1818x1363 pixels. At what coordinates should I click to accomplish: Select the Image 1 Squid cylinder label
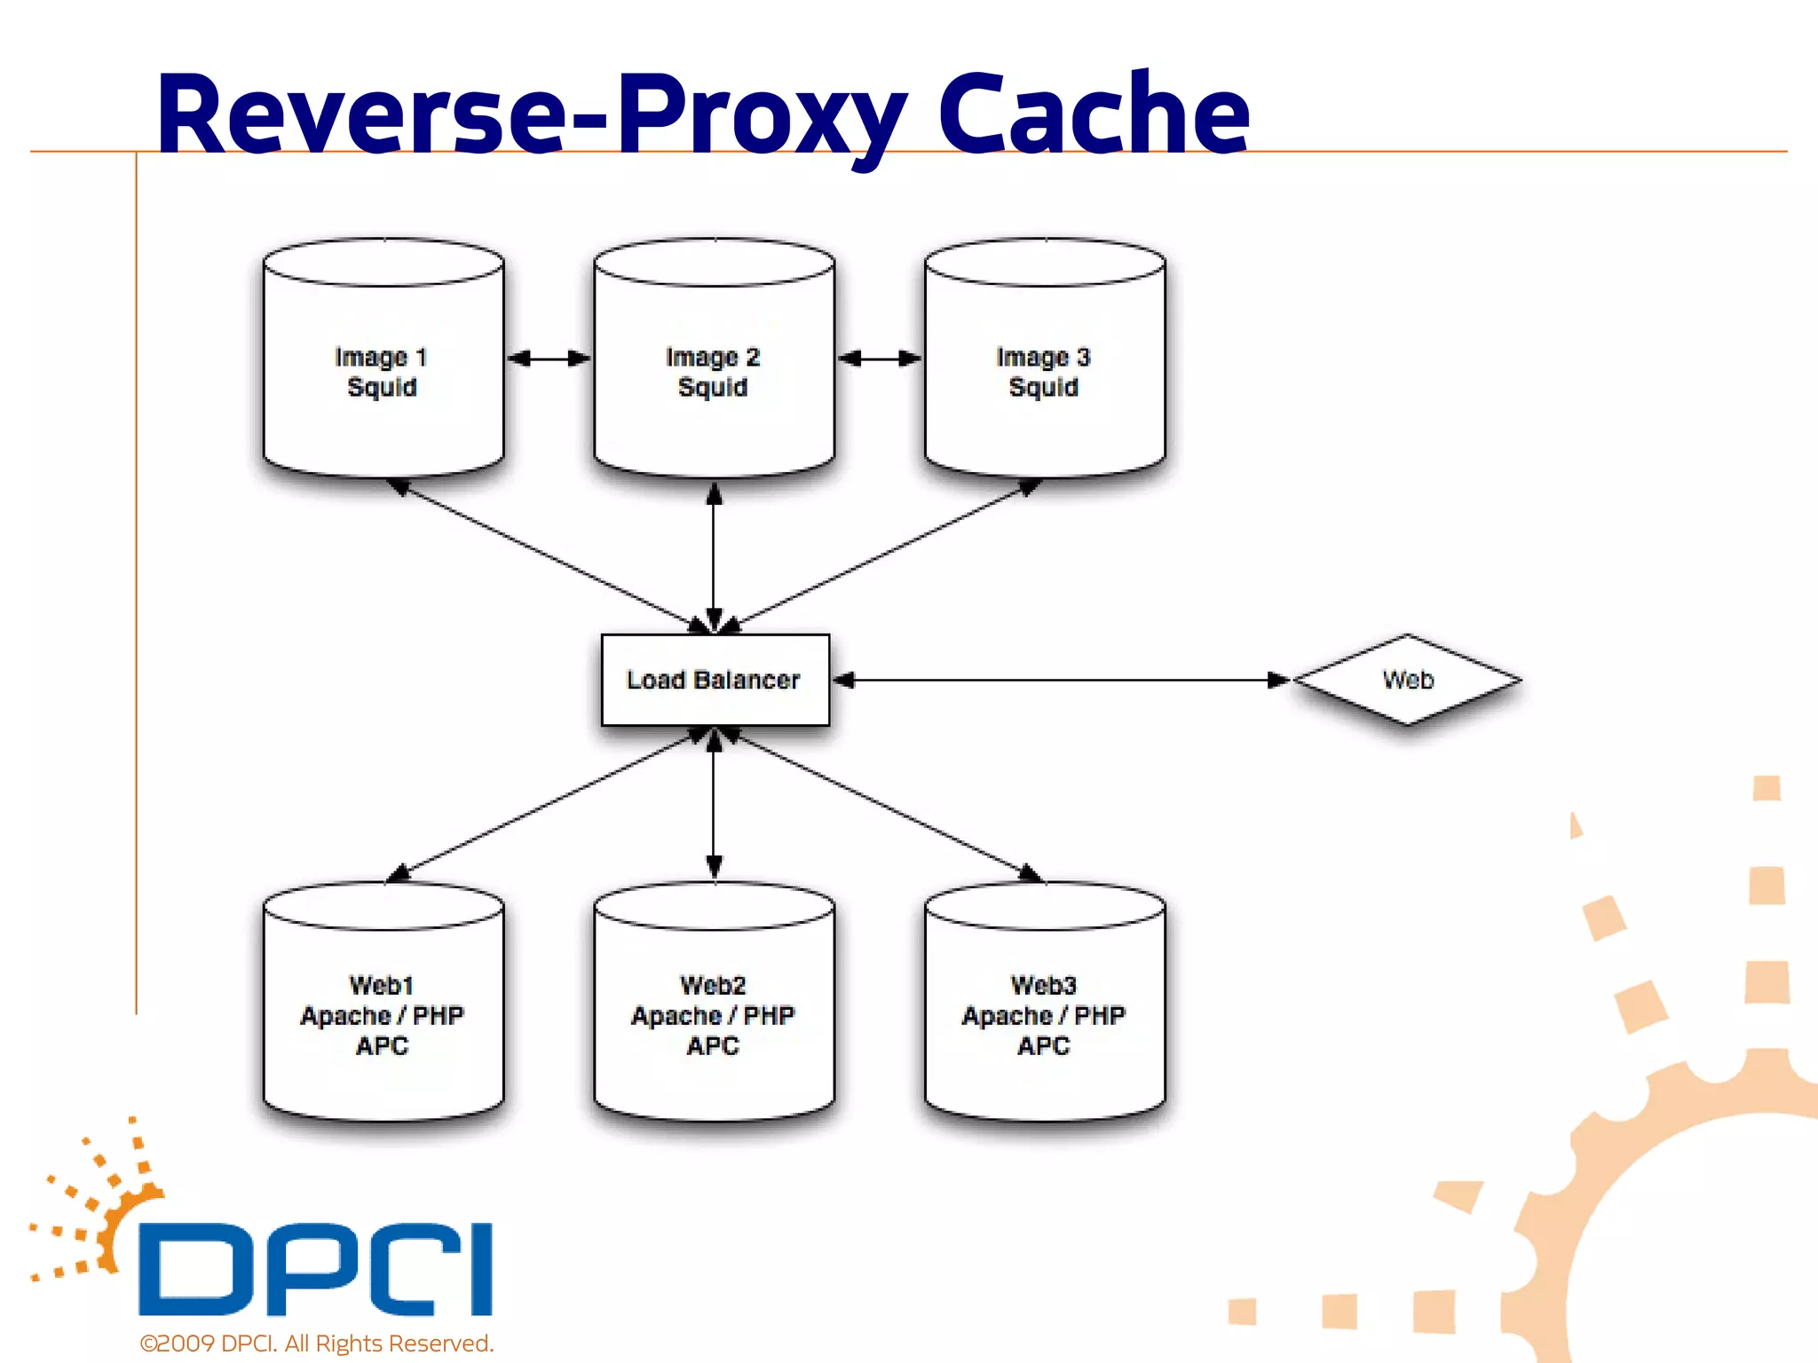pyautogui.click(x=382, y=372)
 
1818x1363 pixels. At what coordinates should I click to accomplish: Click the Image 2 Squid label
pyautogui.click(x=713, y=372)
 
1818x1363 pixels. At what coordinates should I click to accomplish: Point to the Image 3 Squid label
pyautogui.click(x=1043, y=372)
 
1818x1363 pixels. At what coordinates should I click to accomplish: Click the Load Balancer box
pyautogui.click(x=715, y=680)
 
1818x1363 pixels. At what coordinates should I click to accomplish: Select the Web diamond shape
pyautogui.click(x=1408, y=680)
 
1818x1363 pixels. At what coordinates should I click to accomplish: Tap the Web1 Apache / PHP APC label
pyautogui.click(x=382, y=1015)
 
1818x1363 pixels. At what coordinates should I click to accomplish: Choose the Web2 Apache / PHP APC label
pyautogui.click(x=713, y=1015)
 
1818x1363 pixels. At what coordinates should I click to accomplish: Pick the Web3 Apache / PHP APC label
pyautogui.click(x=1043, y=1015)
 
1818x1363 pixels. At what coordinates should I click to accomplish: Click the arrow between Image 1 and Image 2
pyautogui.click(x=549, y=358)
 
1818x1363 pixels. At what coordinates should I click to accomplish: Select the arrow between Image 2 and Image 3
pyautogui.click(x=880, y=358)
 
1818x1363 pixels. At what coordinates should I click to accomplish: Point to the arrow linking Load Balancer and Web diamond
pyautogui.click(x=1061, y=681)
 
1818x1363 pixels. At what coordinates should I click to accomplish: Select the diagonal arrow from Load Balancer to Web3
pyautogui.click(x=879, y=803)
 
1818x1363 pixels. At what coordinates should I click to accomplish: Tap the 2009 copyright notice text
pyautogui.click(x=317, y=1343)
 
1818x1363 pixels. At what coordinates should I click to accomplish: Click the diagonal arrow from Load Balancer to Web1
pyautogui.click(x=550, y=803)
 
